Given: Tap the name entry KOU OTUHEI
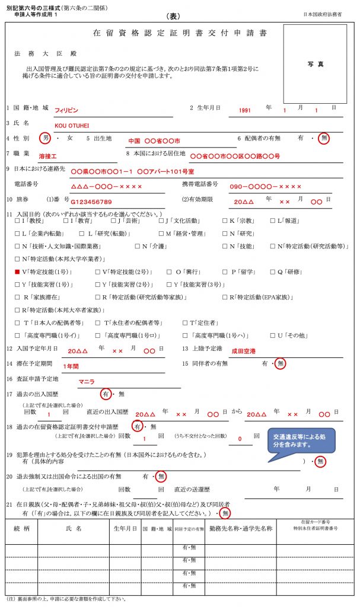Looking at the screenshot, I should tap(71, 125).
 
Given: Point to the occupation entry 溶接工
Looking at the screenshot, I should tap(47, 156).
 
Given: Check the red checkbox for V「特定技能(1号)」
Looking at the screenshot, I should tap(17, 272).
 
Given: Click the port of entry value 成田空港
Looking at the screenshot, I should tap(243, 351).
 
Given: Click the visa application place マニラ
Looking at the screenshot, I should tap(87, 381).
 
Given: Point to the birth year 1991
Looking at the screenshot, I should tap(245, 110).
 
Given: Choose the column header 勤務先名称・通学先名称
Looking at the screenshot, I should tap(241, 528).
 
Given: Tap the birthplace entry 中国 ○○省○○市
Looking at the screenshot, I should tap(154, 141).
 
